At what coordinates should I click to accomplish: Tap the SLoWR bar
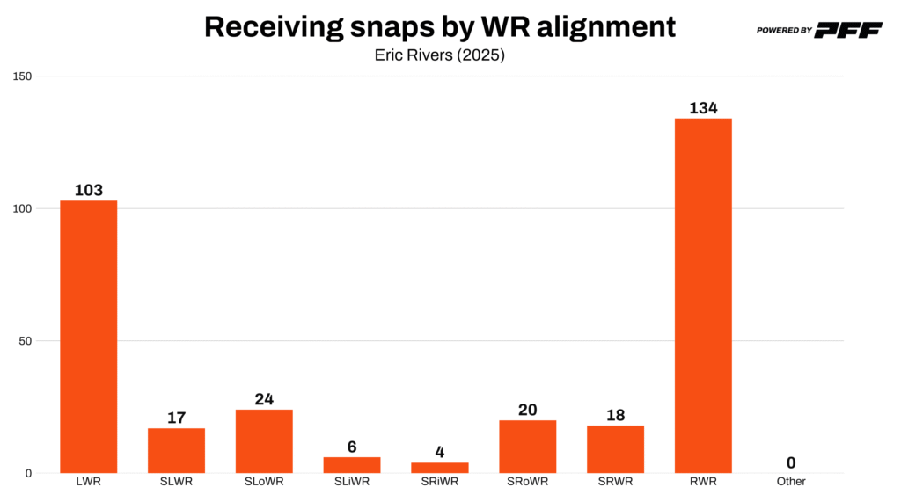[x=264, y=441]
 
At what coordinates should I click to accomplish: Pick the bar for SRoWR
[x=527, y=447]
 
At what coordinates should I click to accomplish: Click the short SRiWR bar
[x=440, y=468]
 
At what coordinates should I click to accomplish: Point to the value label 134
[x=703, y=108]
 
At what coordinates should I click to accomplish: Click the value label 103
[x=88, y=190]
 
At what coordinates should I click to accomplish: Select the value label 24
[x=264, y=399]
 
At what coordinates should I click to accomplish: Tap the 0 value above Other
[x=791, y=462]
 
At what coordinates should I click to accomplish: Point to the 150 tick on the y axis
[x=22, y=76]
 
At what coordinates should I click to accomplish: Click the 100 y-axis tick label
[x=22, y=208]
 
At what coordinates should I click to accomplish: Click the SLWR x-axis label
[x=176, y=482]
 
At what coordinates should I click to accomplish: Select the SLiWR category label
[x=352, y=482]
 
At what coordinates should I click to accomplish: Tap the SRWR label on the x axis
[x=615, y=482]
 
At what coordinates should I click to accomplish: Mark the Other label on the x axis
[x=791, y=482]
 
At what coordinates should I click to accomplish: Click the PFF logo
[x=848, y=30]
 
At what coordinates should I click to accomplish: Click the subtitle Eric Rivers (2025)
[x=440, y=54]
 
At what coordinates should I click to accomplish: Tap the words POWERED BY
[x=784, y=31]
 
